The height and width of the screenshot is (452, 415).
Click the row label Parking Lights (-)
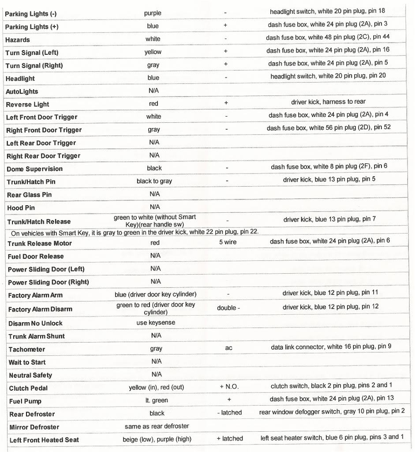(x=31, y=14)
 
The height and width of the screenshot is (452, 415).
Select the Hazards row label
(x=18, y=40)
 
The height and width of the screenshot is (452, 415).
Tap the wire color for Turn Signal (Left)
(x=153, y=52)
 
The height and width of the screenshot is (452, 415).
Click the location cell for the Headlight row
(x=328, y=76)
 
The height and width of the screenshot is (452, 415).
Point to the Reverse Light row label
(x=27, y=104)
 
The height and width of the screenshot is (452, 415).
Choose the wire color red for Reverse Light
(x=153, y=103)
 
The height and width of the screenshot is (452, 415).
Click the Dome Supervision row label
(x=34, y=169)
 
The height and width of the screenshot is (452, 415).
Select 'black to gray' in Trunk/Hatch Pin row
(x=154, y=181)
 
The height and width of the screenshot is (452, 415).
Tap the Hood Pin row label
(x=21, y=208)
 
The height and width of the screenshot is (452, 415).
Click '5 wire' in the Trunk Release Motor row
(x=228, y=242)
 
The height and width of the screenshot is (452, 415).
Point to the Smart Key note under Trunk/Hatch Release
(x=135, y=232)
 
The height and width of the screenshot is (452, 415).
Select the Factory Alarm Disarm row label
(x=40, y=309)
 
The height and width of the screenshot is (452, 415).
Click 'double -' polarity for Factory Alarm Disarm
(x=228, y=308)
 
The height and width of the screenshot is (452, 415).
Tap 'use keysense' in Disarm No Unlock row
(x=156, y=323)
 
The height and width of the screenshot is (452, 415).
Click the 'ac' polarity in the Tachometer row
(x=228, y=348)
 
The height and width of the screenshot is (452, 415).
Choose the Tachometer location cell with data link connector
(x=331, y=347)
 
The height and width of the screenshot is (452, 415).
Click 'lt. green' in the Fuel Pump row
(x=157, y=400)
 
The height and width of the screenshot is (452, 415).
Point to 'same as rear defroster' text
(x=157, y=426)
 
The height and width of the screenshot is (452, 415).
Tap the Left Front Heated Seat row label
(x=44, y=440)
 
